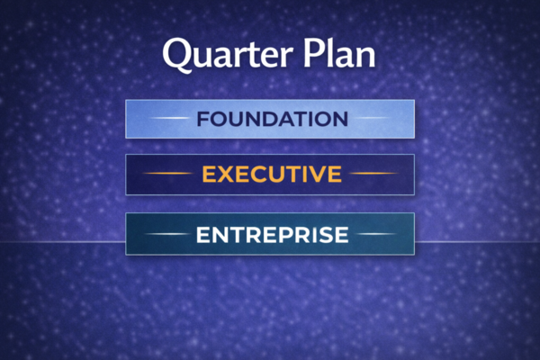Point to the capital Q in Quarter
pos(177,55)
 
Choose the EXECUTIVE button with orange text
pos(270,174)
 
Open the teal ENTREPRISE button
pos(270,235)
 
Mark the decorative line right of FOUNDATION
pos(370,119)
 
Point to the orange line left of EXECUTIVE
pos(168,174)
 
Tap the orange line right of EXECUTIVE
pos(372,174)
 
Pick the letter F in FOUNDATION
pos(202,119)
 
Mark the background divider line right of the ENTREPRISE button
pos(477,242)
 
